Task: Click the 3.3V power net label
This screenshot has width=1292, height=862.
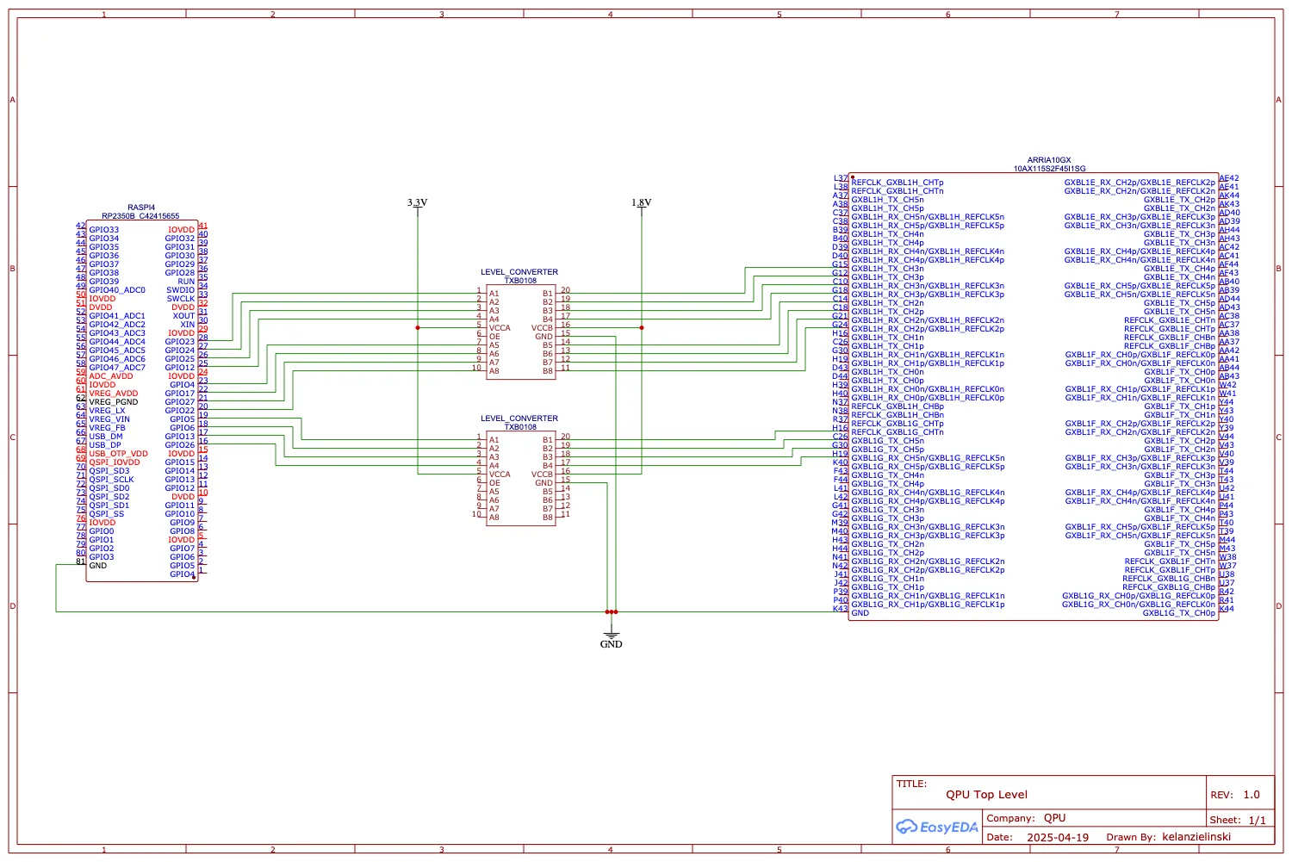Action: (417, 203)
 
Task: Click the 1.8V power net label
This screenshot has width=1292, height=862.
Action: (641, 203)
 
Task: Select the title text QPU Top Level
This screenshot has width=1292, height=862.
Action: (986, 795)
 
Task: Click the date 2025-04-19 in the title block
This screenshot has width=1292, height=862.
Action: (1057, 837)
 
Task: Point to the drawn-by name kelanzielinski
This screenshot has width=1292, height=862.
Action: (1196, 836)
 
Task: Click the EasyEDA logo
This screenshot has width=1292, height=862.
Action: (937, 828)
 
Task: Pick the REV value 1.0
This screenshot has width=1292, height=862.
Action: (1251, 795)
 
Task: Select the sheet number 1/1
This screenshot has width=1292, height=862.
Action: (1257, 820)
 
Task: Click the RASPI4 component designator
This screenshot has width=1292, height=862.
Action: (141, 208)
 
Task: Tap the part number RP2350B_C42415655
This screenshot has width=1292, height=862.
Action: (140, 216)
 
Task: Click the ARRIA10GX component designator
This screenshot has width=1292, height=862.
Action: (1049, 160)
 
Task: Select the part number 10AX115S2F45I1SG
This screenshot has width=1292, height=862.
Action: (1049, 169)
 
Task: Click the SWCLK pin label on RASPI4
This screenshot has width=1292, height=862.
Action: (181, 299)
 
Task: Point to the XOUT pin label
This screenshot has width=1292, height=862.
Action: (183, 316)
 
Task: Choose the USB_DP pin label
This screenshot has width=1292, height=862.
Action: (105, 445)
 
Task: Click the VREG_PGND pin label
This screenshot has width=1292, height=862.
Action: (113, 402)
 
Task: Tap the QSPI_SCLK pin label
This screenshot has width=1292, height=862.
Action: (111, 480)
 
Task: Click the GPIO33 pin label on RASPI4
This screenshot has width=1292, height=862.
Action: (104, 230)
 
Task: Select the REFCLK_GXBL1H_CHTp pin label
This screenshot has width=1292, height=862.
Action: (897, 183)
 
